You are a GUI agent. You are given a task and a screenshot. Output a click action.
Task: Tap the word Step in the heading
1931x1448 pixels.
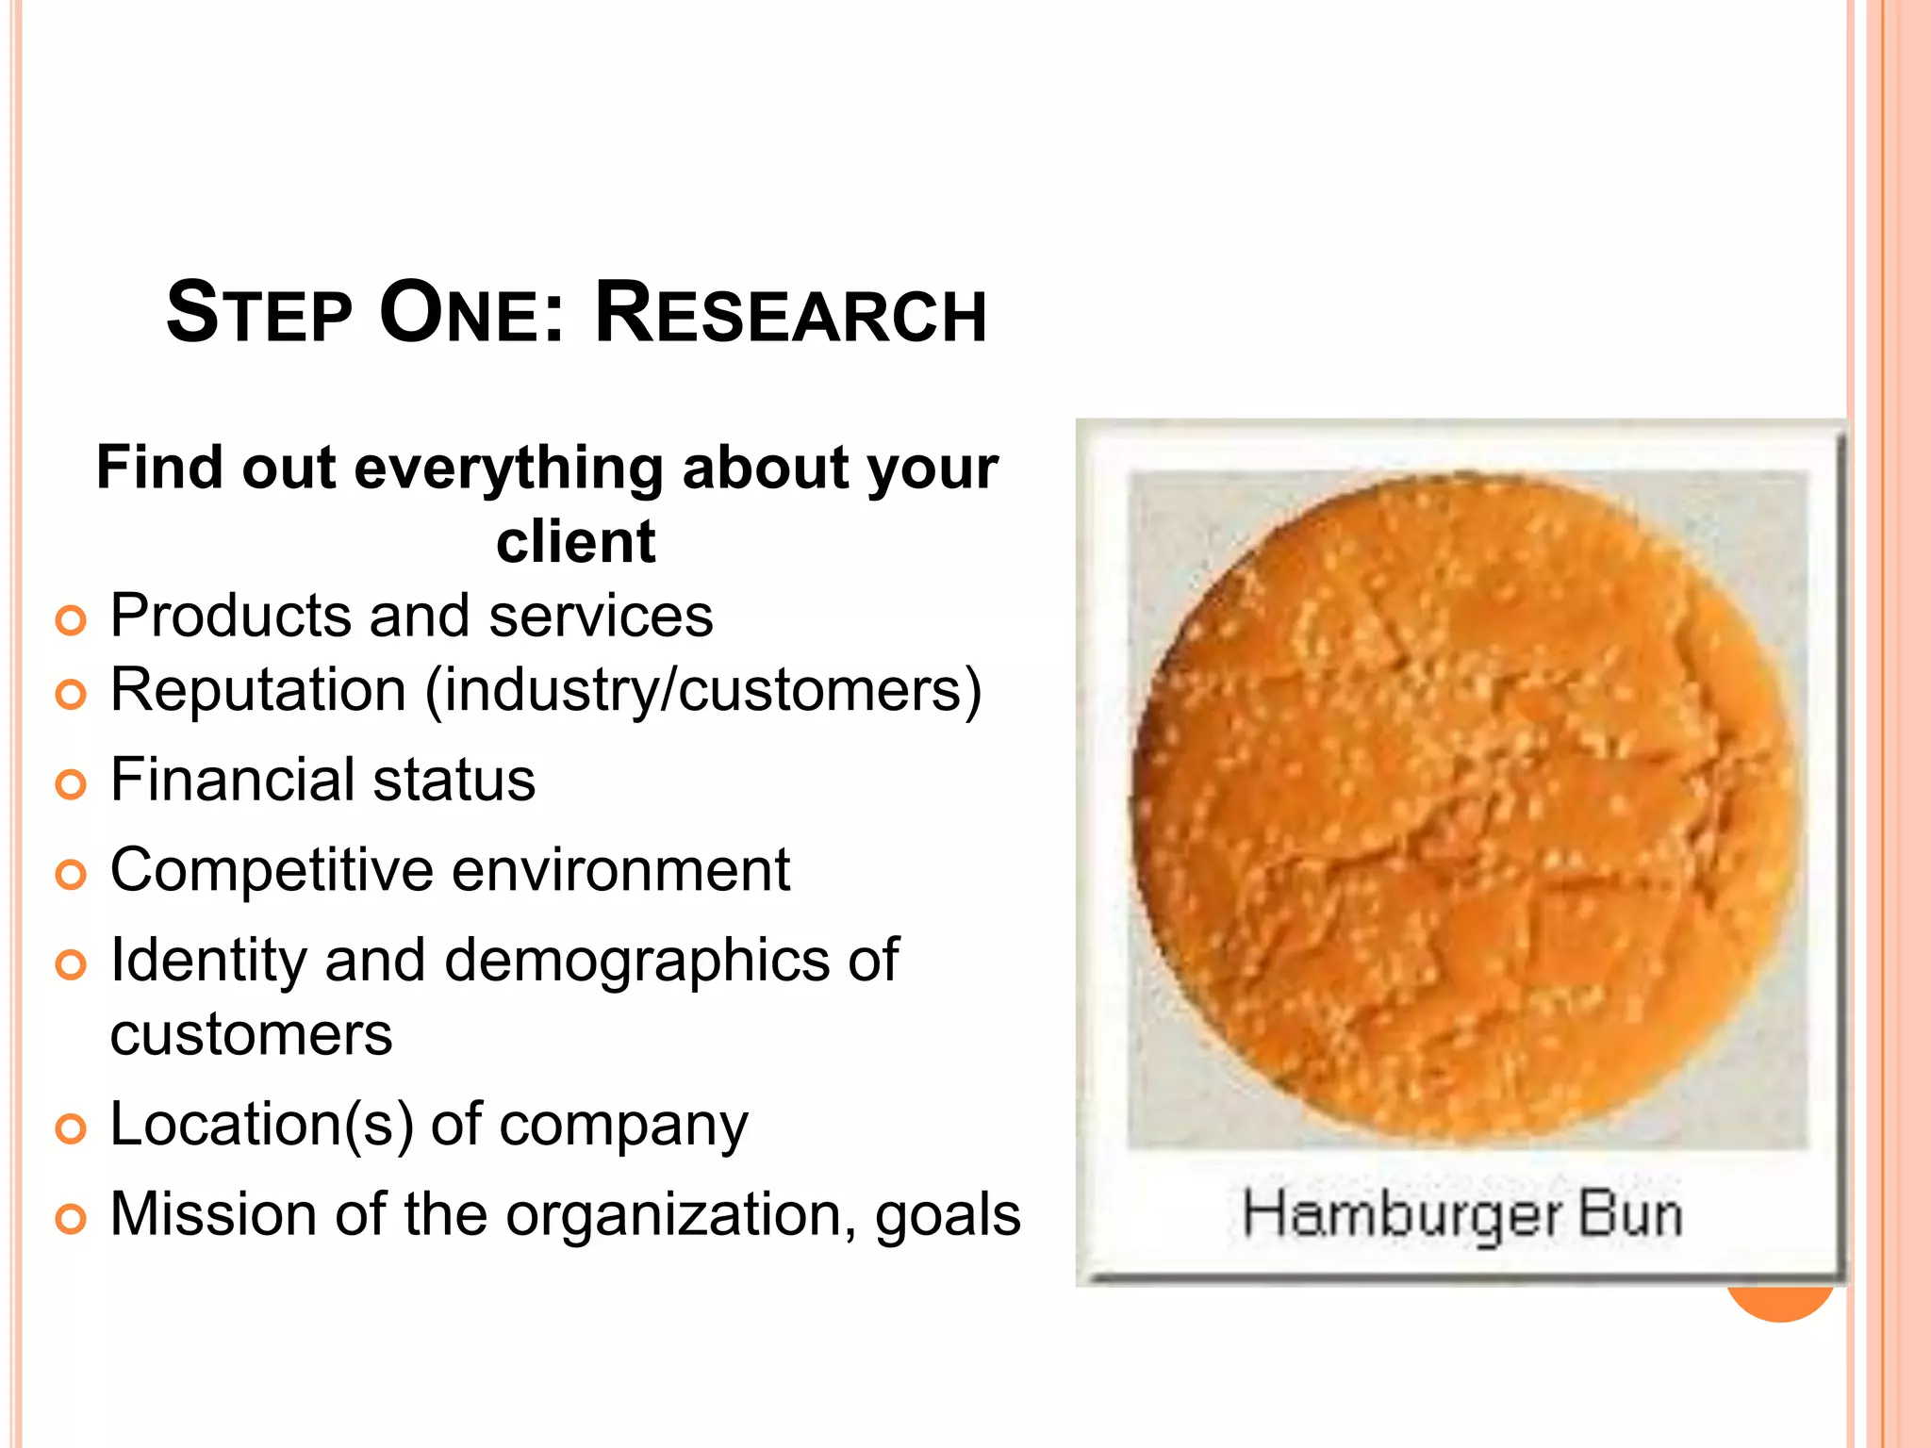pos(259,314)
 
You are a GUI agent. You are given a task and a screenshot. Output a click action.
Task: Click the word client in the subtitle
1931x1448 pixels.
pos(575,542)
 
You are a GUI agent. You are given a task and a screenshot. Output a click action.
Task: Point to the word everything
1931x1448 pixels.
pos(508,469)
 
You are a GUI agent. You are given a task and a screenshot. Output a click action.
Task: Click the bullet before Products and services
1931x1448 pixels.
pos(71,620)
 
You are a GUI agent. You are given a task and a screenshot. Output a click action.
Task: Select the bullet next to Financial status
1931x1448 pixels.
pos(71,784)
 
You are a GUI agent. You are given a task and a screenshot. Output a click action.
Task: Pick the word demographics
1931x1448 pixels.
pos(636,962)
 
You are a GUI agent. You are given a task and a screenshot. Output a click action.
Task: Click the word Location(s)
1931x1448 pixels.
pos(261,1125)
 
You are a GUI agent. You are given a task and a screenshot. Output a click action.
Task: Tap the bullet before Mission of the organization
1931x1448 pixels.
pos(71,1218)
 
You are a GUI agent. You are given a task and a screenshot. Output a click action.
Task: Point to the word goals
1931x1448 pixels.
pos(947,1216)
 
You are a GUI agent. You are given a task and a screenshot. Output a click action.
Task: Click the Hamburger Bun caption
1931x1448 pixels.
pos(1461,1214)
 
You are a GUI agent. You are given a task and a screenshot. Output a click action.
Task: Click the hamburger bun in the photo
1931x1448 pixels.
pos(1466,811)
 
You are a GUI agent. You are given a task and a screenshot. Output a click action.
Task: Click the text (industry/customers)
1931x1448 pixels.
pos(703,691)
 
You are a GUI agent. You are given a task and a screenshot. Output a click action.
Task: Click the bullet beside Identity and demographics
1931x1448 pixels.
pos(71,965)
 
